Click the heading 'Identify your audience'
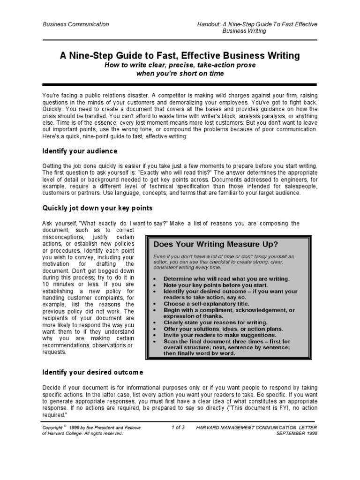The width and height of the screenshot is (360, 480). (80, 151)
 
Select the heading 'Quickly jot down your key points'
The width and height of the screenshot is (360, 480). (98, 208)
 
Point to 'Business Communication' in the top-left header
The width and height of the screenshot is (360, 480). (75, 24)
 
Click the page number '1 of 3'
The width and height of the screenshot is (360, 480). (179, 427)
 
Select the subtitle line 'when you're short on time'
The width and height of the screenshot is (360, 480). (180, 74)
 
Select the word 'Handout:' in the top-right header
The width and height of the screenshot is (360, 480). (212, 24)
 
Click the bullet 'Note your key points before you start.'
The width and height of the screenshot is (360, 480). (216, 285)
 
